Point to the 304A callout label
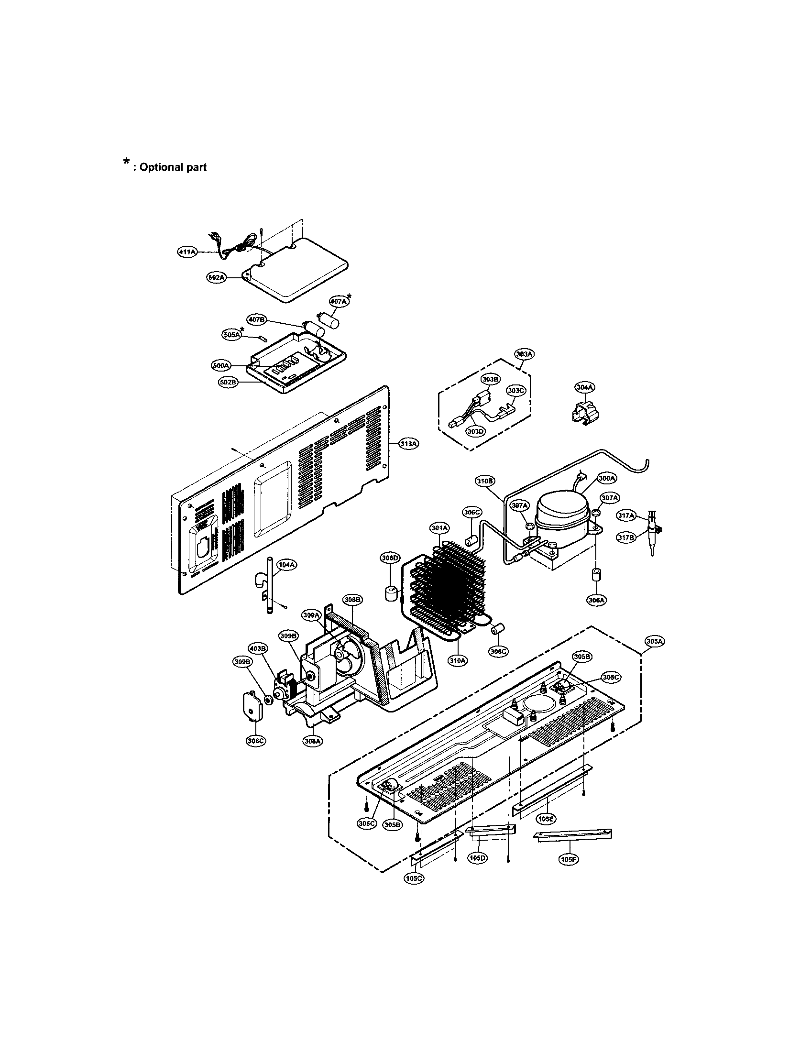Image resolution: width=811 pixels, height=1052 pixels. pyautogui.click(x=585, y=387)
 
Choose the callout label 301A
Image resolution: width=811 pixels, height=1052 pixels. pyautogui.click(x=439, y=528)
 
